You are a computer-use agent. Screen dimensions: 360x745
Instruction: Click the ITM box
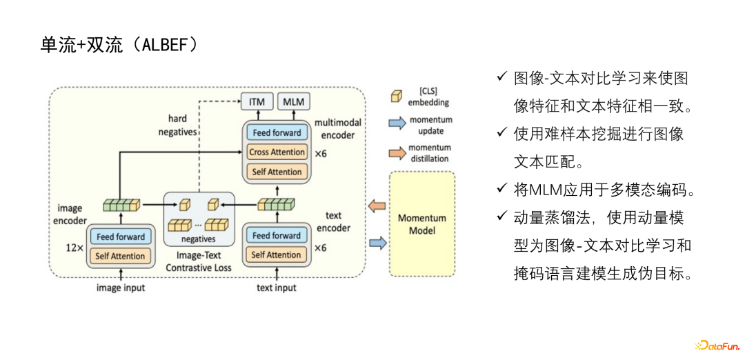click(257, 102)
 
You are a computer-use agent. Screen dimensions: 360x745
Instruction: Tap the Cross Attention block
click(277, 152)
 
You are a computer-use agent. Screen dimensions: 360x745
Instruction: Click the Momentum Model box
click(422, 224)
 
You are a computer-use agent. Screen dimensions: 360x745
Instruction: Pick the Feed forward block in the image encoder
click(121, 237)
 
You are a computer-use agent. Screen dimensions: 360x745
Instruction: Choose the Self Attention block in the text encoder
click(276, 255)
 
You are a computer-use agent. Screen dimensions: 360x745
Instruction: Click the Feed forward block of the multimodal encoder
click(277, 132)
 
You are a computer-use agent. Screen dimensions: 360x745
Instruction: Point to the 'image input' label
click(121, 288)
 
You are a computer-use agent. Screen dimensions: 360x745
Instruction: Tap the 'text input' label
click(277, 288)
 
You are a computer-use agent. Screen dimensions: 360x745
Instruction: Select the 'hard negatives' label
click(177, 125)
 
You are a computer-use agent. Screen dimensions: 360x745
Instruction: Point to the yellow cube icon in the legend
click(397, 97)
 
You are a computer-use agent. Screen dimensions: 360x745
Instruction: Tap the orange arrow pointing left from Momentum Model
click(377, 205)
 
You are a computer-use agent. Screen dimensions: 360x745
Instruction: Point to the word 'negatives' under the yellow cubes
click(199, 239)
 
